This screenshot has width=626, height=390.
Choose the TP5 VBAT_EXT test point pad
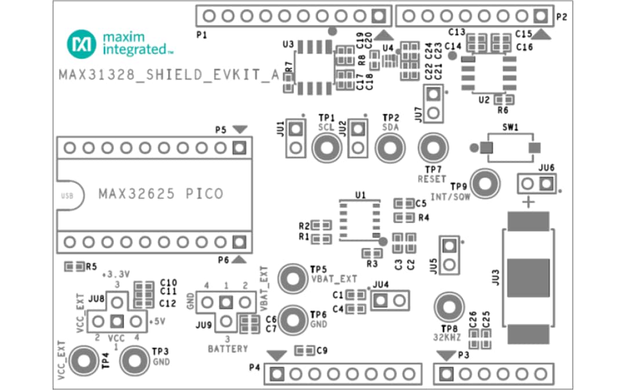click(293, 279)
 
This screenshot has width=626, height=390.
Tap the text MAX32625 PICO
click(161, 194)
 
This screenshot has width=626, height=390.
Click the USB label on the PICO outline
click(67, 195)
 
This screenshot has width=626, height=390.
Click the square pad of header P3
click(446, 374)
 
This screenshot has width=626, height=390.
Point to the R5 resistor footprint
click(75, 267)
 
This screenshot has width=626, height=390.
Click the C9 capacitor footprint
click(305, 351)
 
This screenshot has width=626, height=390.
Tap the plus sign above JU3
click(528, 202)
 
